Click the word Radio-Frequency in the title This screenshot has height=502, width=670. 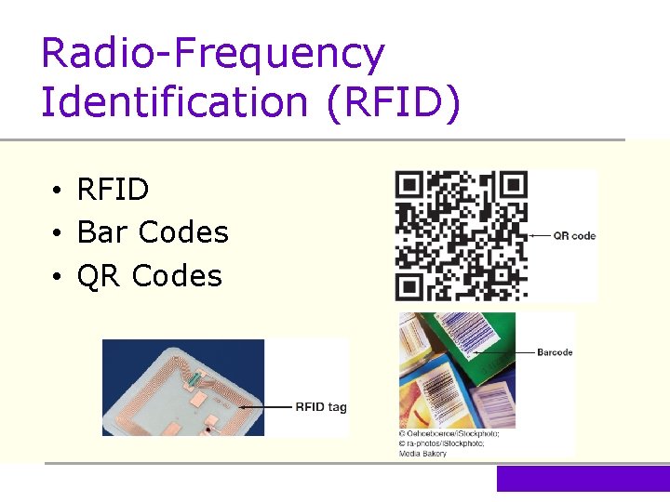click(x=212, y=54)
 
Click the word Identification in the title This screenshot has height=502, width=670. click(x=174, y=101)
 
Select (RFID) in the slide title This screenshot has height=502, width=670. click(x=393, y=101)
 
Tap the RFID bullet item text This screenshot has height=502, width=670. click(x=113, y=190)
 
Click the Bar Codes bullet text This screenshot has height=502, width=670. click(x=153, y=232)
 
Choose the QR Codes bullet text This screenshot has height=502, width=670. click(x=149, y=276)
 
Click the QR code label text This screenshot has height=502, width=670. click(x=574, y=236)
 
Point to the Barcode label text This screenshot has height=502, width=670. click(x=555, y=352)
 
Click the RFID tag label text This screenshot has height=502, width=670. click(x=321, y=406)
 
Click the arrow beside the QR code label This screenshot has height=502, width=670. click(x=538, y=236)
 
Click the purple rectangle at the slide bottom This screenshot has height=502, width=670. click(x=583, y=479)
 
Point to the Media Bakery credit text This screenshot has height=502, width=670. click(x=422, y=453)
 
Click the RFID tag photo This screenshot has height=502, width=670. click(x=182, y=388)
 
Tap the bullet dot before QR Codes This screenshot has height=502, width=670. click(x=58, y=277)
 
